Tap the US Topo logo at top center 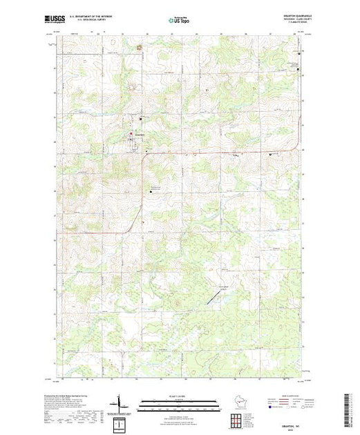(180, 21)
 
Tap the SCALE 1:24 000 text (180, 396)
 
